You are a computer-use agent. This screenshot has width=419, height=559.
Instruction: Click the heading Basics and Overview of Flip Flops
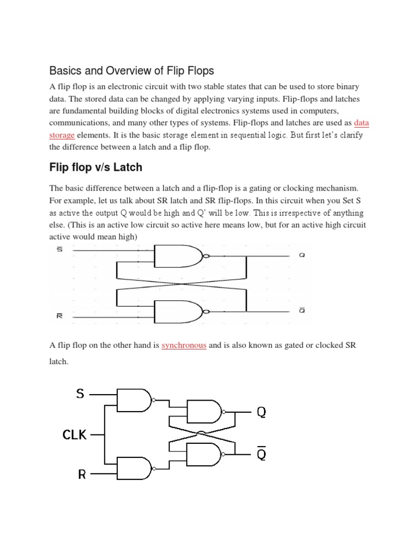(131, 70)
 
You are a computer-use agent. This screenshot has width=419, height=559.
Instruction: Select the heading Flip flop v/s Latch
(95, 166)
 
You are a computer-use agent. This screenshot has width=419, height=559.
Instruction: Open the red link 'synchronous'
(184, 346)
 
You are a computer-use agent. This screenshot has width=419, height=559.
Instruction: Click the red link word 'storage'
(62, 134)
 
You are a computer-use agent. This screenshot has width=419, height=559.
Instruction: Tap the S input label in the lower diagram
(80, 393)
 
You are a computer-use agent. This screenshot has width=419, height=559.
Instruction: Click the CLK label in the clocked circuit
(75, 435)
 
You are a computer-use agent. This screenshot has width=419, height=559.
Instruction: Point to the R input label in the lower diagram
(82, 474)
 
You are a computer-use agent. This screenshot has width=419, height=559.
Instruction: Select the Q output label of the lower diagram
(261, 412)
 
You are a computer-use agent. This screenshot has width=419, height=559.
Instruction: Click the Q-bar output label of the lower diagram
(261, 452)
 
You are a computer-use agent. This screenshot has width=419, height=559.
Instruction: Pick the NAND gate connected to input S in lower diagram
(133, 401)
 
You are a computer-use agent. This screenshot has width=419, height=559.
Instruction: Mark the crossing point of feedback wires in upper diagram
(181, 283)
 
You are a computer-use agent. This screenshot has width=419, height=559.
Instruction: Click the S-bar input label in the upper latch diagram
(59, 250)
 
